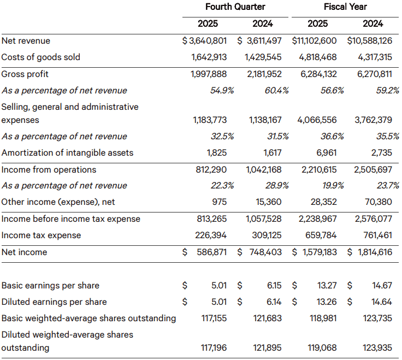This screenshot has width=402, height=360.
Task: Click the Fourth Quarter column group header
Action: point(235,7)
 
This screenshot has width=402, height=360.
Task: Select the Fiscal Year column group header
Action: point(345,7)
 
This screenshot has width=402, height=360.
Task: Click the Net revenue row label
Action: point(26,41)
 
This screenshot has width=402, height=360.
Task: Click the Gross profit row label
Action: point(25,74)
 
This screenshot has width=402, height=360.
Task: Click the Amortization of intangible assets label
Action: point(67,153)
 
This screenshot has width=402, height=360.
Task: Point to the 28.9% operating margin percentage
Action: point(276,186)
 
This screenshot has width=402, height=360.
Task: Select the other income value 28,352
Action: point(323,202)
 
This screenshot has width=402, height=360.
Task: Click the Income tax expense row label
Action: point(41,235)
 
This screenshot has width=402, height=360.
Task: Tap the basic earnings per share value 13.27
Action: point(327,285)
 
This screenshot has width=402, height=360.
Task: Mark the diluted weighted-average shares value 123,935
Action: point(377,347)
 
